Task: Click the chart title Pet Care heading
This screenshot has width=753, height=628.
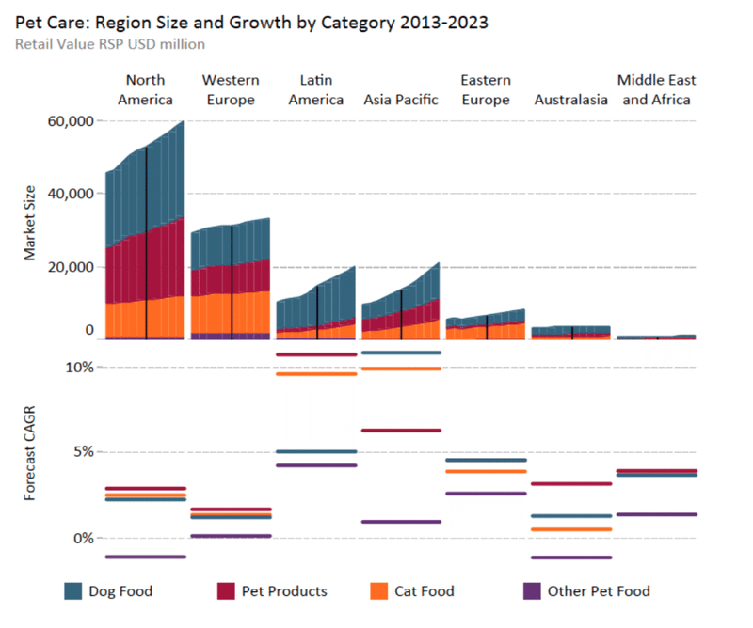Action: tap(251, 22)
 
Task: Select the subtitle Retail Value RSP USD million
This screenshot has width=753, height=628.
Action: tap(110, 43)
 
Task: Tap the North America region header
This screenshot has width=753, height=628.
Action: tap(145, 89)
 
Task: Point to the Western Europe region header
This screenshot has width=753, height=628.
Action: tap(231, 89)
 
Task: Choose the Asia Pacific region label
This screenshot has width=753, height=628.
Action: tap(401, 99)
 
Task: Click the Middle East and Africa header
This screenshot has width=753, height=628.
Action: tap(656, 89)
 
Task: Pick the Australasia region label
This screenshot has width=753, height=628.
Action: tap(570, 99)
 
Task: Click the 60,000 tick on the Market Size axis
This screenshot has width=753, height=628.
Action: tap(68, 121)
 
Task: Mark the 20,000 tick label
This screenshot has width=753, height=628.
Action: tap(68, 267)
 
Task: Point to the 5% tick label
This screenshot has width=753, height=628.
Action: tap(84, 451)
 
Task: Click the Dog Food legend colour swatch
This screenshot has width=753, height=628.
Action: tap(73, 591)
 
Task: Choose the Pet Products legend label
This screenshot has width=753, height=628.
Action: tap(285, 591)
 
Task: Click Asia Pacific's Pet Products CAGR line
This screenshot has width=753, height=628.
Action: tap(401, 431)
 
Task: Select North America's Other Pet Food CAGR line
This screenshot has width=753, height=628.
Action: tap(145, 557)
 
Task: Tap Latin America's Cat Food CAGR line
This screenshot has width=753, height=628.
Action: tap(316, 374)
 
